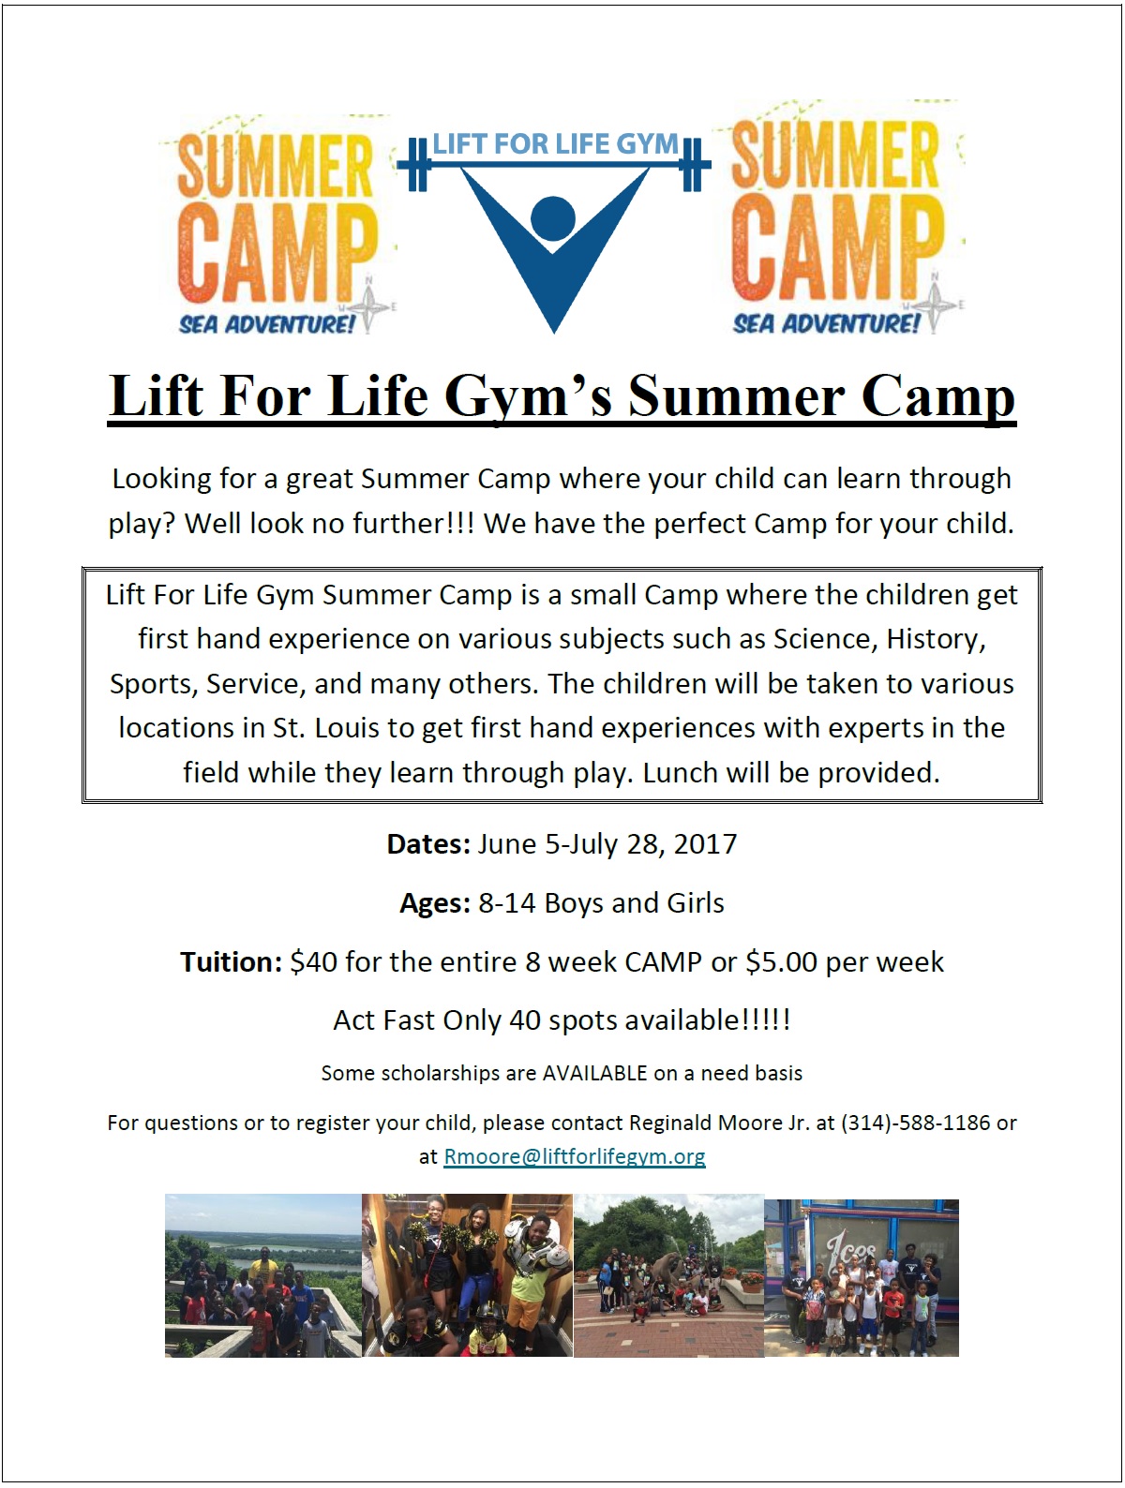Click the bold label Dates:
click(x=427, y=844)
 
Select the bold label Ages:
click(x=435, y=903)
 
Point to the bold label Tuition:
click(x=231, y=961)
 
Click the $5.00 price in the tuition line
click(x=781, y=961)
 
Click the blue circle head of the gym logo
click(x=553, y=219)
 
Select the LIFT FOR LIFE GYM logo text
click(x=555, y=143)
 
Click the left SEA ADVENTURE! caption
click(x=267, y=324)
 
